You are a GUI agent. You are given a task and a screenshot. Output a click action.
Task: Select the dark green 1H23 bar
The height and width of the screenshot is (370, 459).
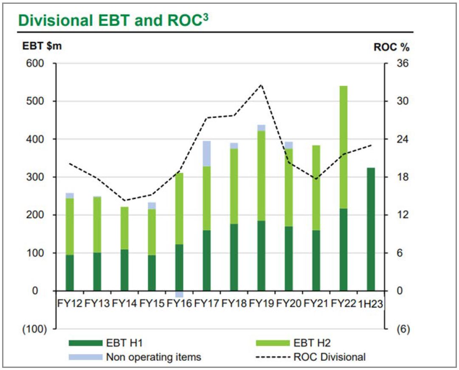pos(371,229)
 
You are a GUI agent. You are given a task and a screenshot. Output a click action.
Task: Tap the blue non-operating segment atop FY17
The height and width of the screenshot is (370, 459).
pos(207,153)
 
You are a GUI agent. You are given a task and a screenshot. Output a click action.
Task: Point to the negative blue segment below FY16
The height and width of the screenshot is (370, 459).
pos(179,294)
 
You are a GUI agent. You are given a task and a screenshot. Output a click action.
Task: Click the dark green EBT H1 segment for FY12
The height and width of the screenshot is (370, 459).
pos(70,272)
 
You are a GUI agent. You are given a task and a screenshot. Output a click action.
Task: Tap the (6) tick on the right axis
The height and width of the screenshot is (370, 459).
pos(401,329)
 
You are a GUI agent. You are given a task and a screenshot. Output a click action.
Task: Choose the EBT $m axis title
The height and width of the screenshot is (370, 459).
pos(42,46)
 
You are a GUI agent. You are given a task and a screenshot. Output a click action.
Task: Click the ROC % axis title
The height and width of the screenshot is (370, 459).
pos(391,47)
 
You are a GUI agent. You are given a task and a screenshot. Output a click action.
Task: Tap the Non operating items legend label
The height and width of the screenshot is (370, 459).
pos(153,357)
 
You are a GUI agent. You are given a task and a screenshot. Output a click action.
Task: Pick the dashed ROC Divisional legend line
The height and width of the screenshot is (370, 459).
pos(272,357)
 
